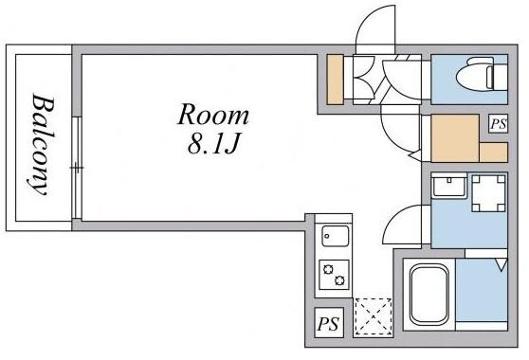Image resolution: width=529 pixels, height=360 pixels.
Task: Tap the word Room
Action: click(x=213, y=115)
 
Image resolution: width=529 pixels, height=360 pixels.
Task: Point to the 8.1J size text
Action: click(x=213, y=144)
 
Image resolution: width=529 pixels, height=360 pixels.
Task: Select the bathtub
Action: click(x=429, y=295)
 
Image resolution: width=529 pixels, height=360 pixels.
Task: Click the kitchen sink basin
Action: click(x=335, y=236)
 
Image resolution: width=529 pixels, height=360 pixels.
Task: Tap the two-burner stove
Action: click(x=334, y=275)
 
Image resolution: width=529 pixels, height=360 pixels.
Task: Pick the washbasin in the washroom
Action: click(x=449, y=186)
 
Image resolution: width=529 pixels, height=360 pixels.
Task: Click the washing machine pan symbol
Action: click(x=489, y=193)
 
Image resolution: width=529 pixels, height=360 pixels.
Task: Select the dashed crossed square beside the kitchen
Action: click(x=374, y=317)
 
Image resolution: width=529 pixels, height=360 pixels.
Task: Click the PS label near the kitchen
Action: click(x=329, y=324)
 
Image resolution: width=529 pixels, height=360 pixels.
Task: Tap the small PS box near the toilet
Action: click(x=499, y=123)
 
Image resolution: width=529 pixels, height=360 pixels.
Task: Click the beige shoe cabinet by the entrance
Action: click(x=336, y=80)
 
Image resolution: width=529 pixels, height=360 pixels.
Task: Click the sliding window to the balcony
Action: click(x=77, y=168)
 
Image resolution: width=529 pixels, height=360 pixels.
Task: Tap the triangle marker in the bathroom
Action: click(x=502, y=264)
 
